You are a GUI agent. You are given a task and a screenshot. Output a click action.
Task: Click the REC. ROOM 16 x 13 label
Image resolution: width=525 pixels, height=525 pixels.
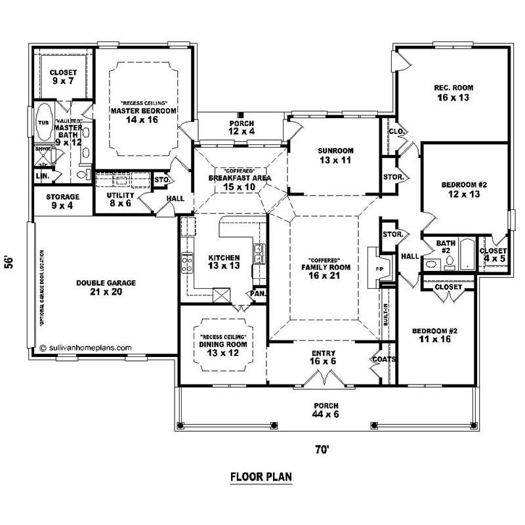point(453,93)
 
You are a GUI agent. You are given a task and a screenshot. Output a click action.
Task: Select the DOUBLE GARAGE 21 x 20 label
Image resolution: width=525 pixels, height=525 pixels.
point(106,287)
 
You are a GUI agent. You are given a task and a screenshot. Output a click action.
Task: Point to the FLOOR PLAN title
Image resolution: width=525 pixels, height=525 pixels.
point(261,476)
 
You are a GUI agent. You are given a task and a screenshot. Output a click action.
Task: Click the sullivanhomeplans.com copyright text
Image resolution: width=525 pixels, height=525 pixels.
point(86,348)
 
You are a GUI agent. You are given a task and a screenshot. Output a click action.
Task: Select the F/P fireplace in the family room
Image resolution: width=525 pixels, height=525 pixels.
point(380,269)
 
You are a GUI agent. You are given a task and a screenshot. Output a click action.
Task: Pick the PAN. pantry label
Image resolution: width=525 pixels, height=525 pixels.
point(257,293)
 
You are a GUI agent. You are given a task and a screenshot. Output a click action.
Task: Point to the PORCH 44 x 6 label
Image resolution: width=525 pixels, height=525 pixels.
point(326,410)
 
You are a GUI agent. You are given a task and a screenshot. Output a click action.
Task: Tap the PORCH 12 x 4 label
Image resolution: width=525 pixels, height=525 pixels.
point(241,128)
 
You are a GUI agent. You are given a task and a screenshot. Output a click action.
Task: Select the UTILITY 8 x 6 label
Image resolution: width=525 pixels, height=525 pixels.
point(120,199)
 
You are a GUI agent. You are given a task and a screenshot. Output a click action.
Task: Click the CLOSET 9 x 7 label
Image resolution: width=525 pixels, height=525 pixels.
point(64,77)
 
